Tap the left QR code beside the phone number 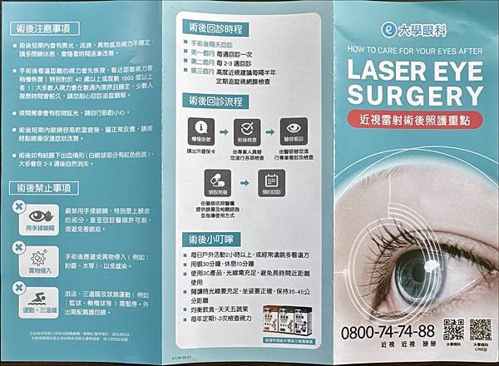click(452, 329)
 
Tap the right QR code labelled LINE click(480, 329)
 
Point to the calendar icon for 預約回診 click(270, 179)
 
